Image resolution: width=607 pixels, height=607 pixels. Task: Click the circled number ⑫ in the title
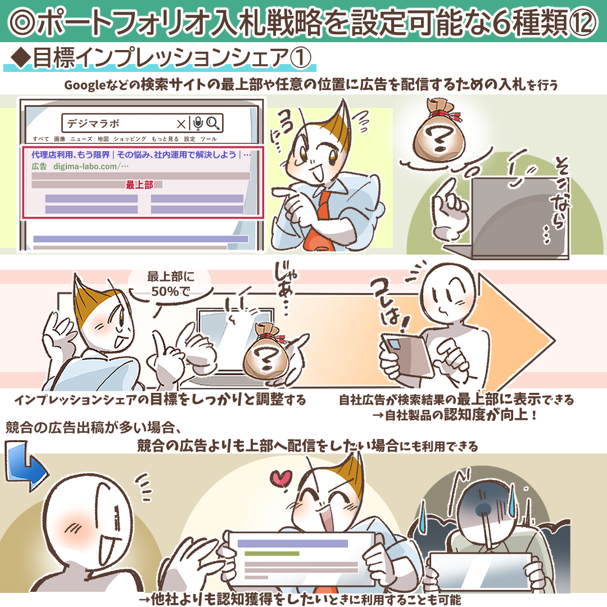[x=582, y=22]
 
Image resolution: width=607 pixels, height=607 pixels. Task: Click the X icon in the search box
[x=181, y=124]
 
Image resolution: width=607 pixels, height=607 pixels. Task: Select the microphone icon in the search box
[x=198, y=123]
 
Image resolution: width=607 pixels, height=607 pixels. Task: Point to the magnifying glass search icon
[x=213, y=123]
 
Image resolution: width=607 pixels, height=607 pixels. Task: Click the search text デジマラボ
[x=93, y=124]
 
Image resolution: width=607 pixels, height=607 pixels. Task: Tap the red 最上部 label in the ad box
[x=139, y=185]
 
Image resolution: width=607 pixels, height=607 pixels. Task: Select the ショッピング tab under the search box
[x=130, y=139]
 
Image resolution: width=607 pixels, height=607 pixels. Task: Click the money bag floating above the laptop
[x=440, y=130]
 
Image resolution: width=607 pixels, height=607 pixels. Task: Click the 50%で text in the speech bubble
[x=170, y=292]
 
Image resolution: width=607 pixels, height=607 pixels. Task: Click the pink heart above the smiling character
[x=281, y=478]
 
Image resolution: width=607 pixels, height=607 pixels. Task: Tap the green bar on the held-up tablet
[x=272, y=553]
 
